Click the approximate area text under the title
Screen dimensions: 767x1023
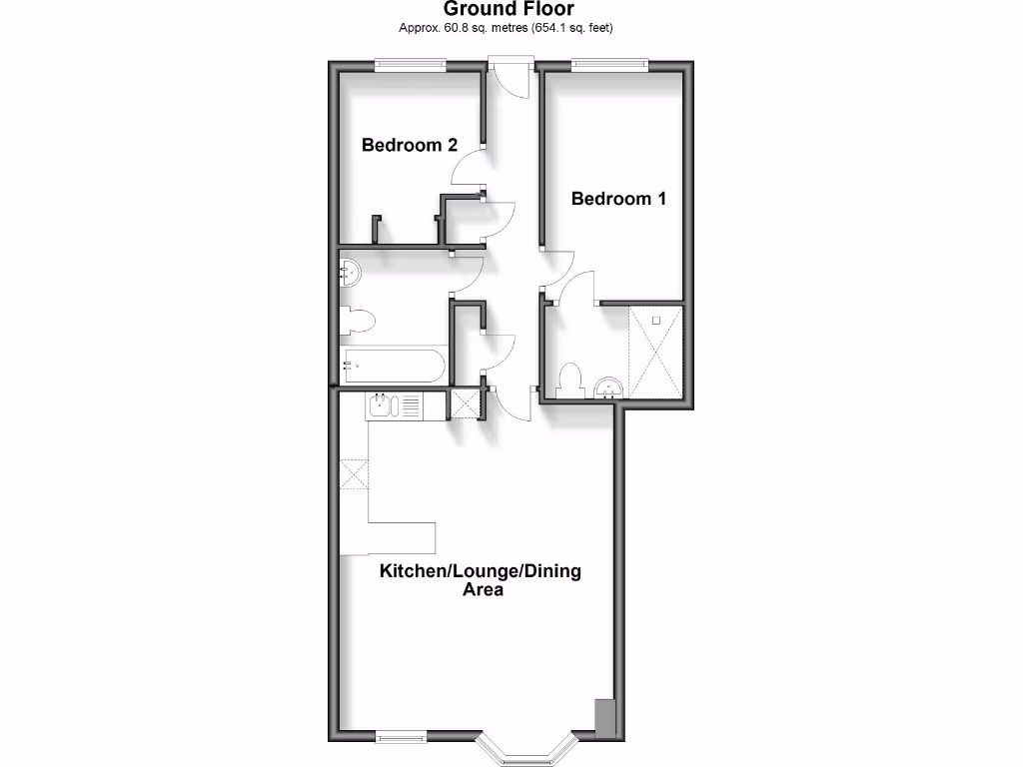click(506, 28)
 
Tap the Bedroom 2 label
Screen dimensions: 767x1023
click(410, 146)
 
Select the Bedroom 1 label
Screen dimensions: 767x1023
click(618, 199)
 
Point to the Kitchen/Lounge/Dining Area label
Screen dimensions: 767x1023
click(480, 580)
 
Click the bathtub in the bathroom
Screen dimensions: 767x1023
click(392, 366)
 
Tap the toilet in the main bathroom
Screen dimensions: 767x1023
click(356, 321)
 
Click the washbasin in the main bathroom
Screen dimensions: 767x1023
click(349, 272)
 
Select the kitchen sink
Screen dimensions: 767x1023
click(383, 405)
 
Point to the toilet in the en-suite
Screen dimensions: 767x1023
click(570, 380)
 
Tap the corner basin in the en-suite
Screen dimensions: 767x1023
click(607, 387)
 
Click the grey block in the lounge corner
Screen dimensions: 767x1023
click(604, 718)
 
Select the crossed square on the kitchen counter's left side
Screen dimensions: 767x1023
click(354, 473)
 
